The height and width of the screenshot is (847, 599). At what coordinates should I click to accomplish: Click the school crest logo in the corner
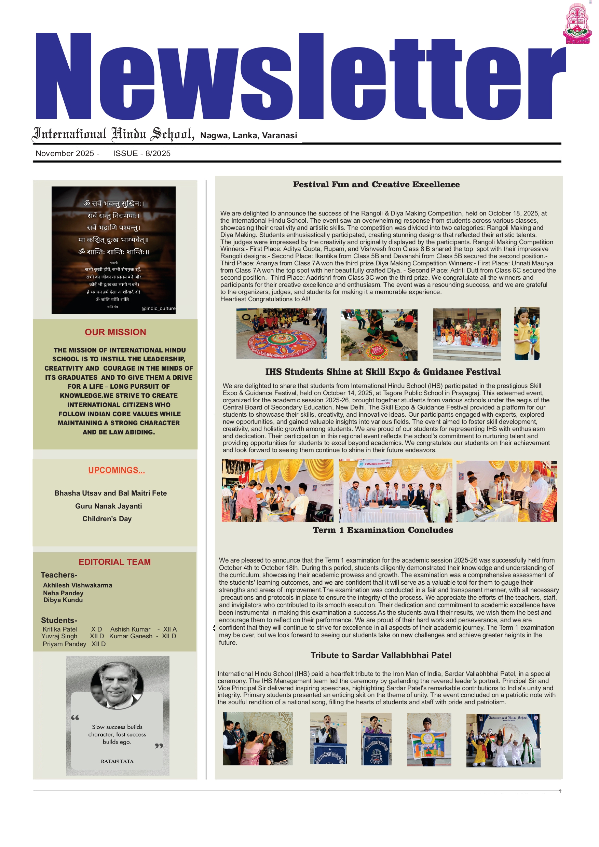[x=577, y=24]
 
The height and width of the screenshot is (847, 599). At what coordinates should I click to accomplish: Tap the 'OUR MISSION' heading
[x=115, y=332]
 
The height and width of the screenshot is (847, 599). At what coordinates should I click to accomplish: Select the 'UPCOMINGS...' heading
[x=117, y=470]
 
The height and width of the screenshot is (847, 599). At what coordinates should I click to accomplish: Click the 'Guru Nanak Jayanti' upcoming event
[x=109, y=506]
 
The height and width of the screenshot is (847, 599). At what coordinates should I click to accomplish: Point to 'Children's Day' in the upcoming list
[x=107, y=519]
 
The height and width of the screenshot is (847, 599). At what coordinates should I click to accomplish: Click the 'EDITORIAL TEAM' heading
[x=115, y=562]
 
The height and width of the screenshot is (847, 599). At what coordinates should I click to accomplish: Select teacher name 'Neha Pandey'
[x=63, y=593]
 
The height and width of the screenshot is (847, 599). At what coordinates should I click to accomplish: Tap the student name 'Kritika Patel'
[x=60, y=629]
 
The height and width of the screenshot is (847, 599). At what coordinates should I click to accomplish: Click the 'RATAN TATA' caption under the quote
[x=117, y=761]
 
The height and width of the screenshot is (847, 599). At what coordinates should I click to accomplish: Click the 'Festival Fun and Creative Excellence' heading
[x=377, y=184]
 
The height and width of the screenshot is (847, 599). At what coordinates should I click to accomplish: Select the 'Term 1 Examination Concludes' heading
[x=383, y=530]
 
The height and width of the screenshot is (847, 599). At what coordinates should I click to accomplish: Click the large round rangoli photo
[x=282, y=334]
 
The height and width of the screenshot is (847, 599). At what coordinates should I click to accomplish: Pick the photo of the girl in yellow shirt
[x=527, y=333]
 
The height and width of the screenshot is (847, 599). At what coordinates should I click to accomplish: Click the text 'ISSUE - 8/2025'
[x=142, y=153]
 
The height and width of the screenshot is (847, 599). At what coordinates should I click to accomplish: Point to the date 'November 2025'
[x=65, y=153]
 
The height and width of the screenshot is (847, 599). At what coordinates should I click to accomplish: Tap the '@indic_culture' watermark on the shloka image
[x=159, y=308]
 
